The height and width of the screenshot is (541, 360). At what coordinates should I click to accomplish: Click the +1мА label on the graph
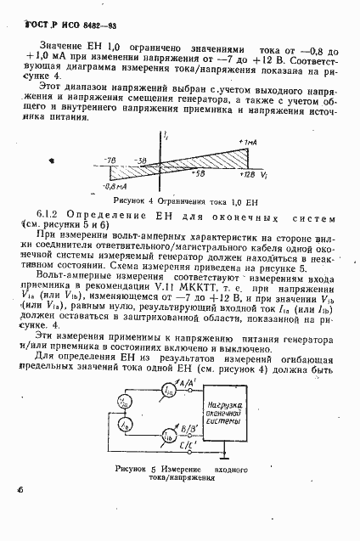pos(248,141)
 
